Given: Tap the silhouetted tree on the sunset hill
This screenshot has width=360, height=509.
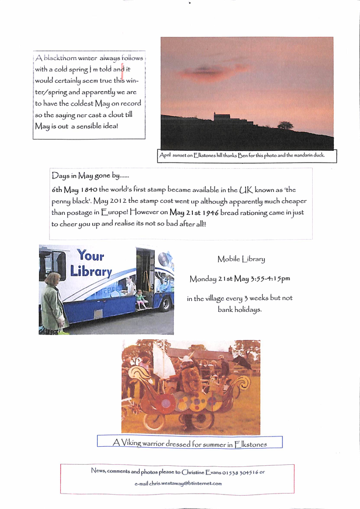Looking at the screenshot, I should click(285, 125).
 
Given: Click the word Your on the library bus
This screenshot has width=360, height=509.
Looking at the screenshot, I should click(91, 255).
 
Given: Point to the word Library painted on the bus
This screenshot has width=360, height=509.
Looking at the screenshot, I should click(91, 271).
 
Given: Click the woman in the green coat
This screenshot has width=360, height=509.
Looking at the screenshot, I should click(52, 304).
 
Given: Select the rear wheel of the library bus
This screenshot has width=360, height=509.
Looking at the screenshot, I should click(165, 304).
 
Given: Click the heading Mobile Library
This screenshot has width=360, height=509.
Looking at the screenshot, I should click(241, 259).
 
